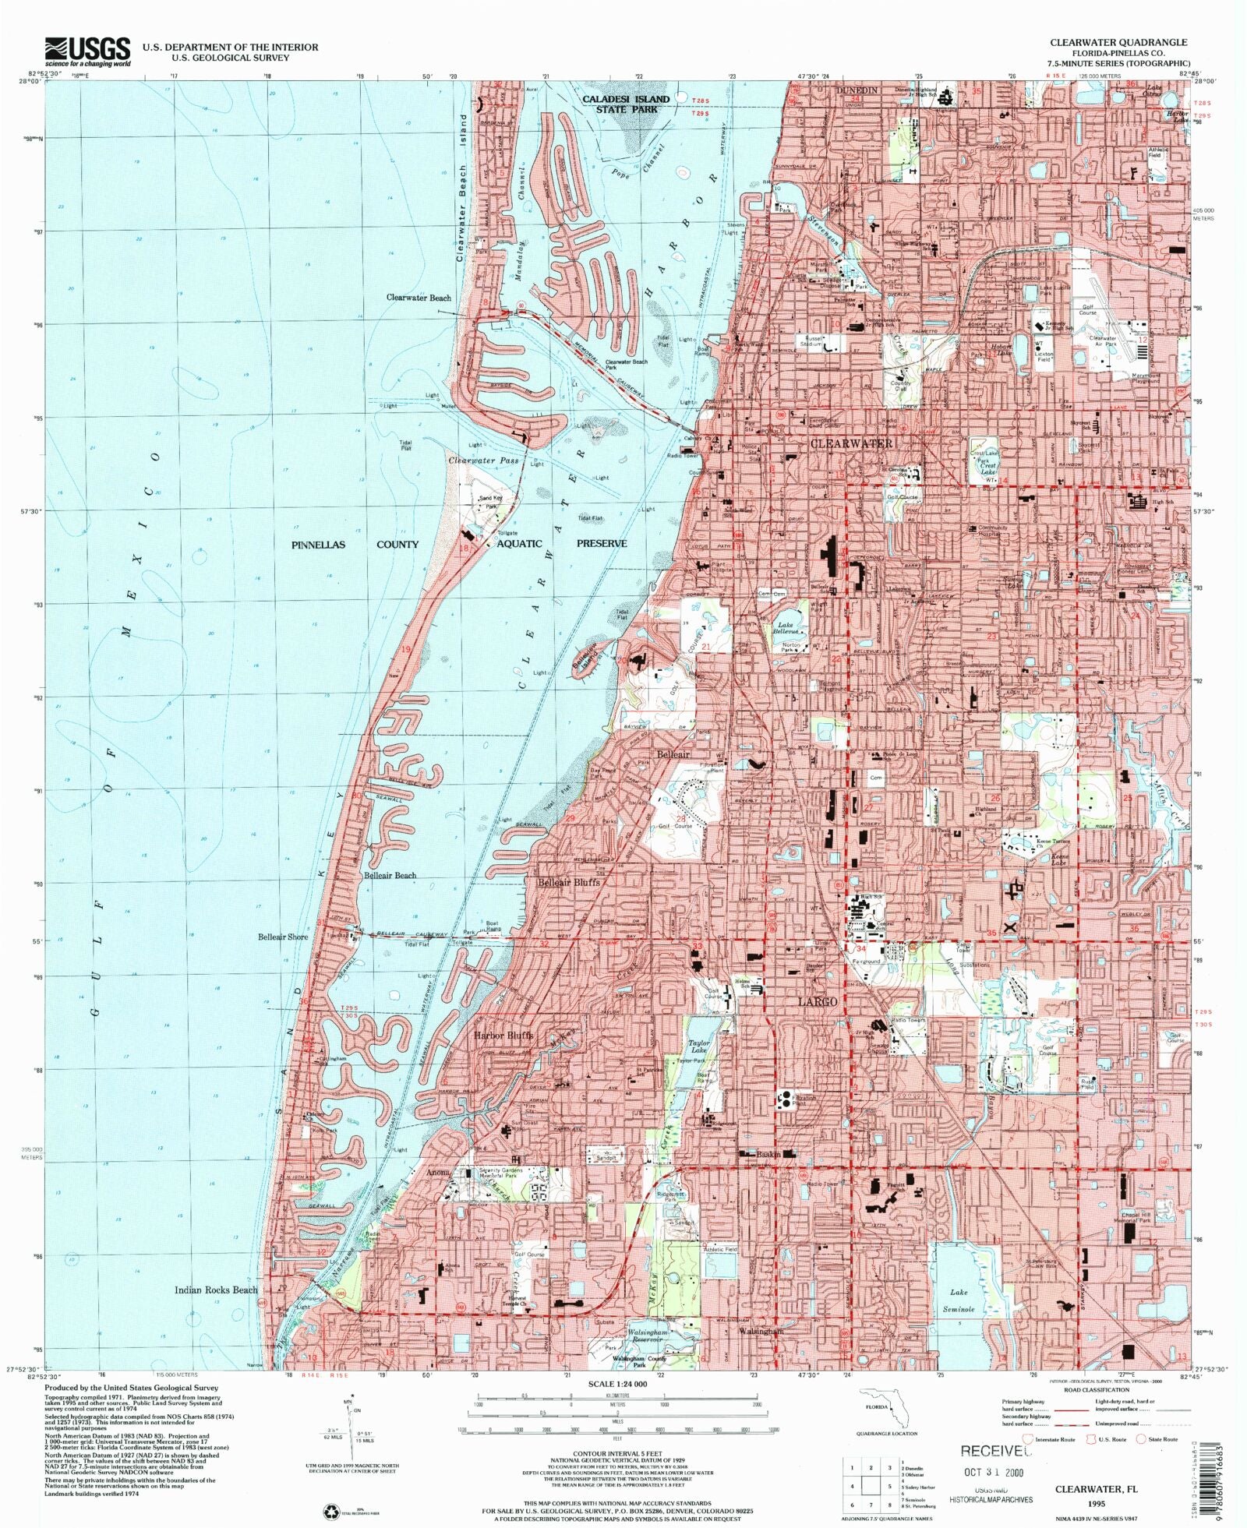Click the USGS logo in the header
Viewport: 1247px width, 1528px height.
(x=87, y=51)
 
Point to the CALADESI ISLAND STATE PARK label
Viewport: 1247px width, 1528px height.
(x=627, y=104)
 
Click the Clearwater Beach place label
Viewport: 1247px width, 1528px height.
(x=419, y=298)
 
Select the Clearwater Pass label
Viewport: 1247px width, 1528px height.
(x=483, y=460)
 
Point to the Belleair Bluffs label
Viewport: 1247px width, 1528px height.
(x=569, y=882)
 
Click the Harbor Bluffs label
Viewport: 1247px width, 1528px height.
(x=503, y=1036)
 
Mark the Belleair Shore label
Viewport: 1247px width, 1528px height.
(x=283, y=937)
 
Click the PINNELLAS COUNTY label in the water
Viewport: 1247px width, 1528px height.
(x=355, y=544)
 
